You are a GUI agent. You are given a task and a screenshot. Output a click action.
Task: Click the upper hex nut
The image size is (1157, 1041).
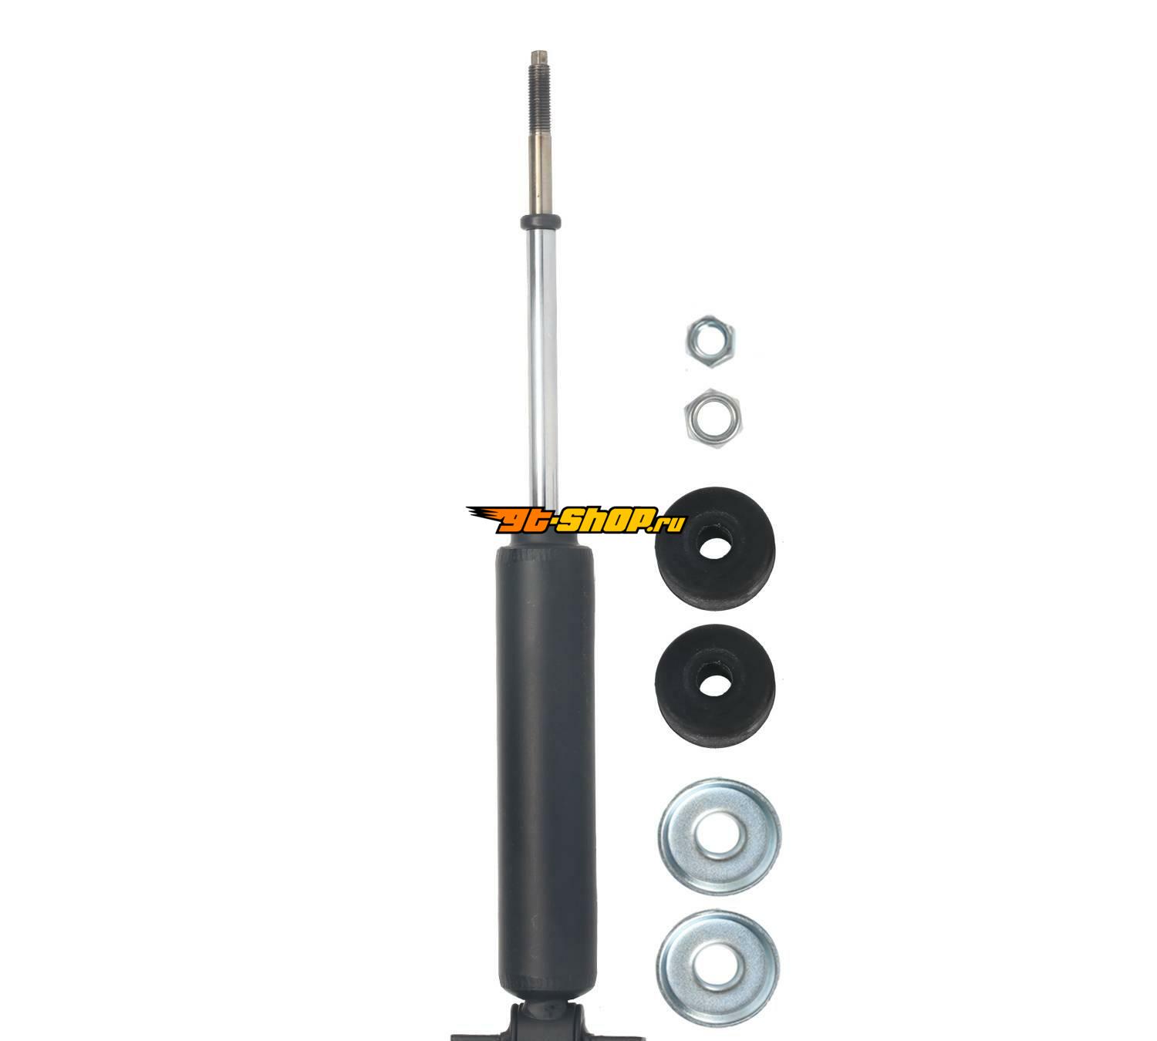[710, 342]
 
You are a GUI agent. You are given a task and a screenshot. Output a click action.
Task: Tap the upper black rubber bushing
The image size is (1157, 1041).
[715, 548]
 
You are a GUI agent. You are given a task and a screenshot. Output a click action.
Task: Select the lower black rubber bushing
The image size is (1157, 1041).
[715, 686]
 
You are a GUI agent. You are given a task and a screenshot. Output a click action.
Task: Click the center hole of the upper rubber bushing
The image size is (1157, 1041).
[714, 544]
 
